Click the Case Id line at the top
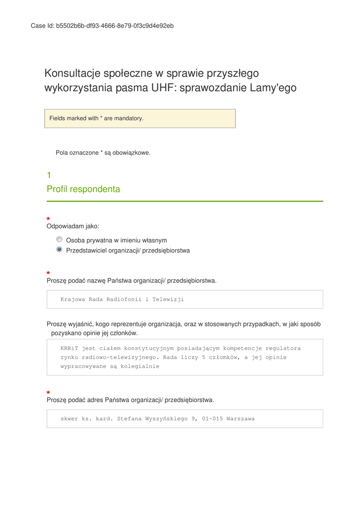(x=102, y=26)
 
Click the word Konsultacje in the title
(x=72, y=73)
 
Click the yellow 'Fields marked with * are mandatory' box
(x=140, y=119)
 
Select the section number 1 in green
(x=49, y=175)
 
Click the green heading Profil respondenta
(x=83, y=189)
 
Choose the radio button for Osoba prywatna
(x=59, y=239)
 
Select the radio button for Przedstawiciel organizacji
(x=59, y=250)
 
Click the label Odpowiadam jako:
(x=72, y=226)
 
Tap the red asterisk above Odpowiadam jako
(x=48, y=219)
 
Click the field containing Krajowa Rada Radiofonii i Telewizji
(x=185, y=299)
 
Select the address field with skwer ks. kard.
(x=185, y=419)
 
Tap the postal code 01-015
(x=212, y=419)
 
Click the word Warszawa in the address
(x=240, y=419)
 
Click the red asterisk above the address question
(x=48, y=392)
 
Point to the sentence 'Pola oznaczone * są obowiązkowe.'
(x=103, y=153)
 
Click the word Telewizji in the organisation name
(x=168, y=299)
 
